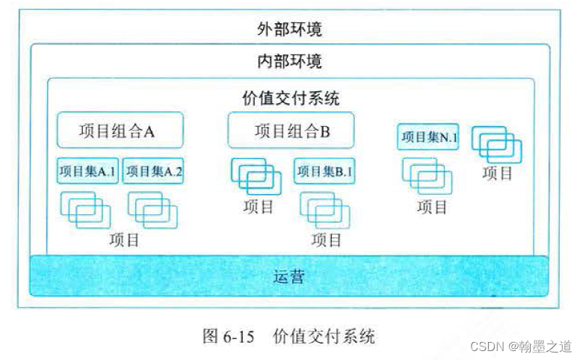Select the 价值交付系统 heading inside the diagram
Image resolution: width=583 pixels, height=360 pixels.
[x=291, y=98]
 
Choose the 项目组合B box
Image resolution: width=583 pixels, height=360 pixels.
[x=291, y=131]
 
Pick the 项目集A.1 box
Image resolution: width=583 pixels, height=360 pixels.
[x=87, y=171]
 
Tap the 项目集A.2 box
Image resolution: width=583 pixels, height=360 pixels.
[x=153, y=171]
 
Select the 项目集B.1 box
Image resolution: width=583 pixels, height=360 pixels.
[x=324, y=171]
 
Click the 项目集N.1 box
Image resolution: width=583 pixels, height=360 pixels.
[x=428, y=137]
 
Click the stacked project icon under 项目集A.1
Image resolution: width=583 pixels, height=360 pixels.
[x=86, y=209]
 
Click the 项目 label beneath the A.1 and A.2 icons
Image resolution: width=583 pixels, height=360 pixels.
[x=123, y=240]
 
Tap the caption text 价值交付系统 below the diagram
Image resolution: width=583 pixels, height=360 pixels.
[x=324, y=336]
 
